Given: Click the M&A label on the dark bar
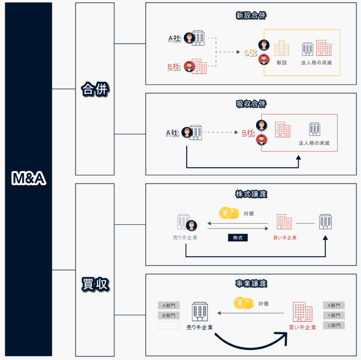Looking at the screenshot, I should tap(29, 179).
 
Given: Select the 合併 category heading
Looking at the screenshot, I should tap(95, 89).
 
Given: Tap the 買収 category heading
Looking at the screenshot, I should tap(95, 285).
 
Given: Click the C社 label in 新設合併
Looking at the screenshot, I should tap(250, 52).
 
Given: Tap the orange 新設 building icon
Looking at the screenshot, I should tap(282, 48).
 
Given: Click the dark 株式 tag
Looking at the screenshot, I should tap(238, 237).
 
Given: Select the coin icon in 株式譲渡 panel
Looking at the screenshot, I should tap(229, 213).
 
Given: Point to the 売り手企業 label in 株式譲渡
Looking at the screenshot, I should tap(185, 237).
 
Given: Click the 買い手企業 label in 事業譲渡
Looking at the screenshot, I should tap(303, 327).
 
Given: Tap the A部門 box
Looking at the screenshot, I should tap(169, 305).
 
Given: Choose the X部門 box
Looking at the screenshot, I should tap(334, 305).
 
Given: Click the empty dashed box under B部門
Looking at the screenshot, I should tap(169, 325).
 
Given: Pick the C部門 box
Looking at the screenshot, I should tap(334, 325).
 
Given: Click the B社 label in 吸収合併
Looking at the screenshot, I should tap(248, 132).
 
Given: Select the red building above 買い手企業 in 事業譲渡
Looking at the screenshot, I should tap(302, 311).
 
